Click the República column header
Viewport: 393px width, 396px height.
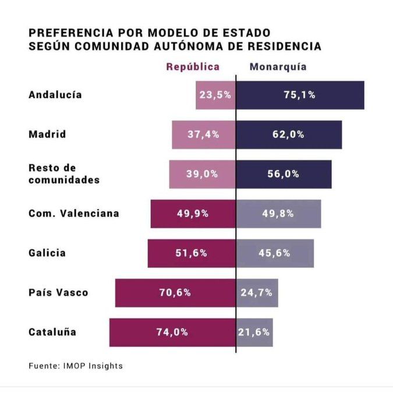pyautogui.click(x=193, y=67)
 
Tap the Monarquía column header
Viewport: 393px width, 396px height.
pyautogui.click(x=278, y=67)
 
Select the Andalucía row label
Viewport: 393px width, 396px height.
pyautogui.click(x=55, y=95)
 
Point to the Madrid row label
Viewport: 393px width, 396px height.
pyautogui.click(x=47, y=135)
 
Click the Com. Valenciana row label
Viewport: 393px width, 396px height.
pyautogui.click(x=73, y=213)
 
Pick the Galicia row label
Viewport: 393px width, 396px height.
pyautogui.click(x=47, y=253)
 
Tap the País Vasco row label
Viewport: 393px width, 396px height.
pyautogui.click(x=58, y=292)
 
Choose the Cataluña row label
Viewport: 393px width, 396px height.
pyautogui.click(x=52, y=332)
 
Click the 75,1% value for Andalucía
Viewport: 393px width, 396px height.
pyautogui.click(x=299, y=95)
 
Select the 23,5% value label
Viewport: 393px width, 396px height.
pyautogui.click(x=215, y=95)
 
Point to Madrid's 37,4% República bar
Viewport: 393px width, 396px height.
pyautogui.click(x=203, y=135)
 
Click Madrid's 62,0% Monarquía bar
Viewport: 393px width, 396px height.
pyautogui.click(x=289, y=135)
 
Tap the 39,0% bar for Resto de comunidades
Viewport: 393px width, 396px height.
pyautogui.click(x=202, y=174)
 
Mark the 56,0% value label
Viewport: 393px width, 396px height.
pyautogui.click(x=284, y=174)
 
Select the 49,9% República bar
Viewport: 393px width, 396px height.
pyautogui.click(x=193, y=213)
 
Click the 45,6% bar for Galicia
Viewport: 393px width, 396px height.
pyautogui.click(x=275, y=253)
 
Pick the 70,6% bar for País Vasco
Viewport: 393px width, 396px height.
pyautogui.click(x=175, y=292)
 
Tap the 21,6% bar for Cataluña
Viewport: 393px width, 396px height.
pyautogui.click(x=254, y=332)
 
